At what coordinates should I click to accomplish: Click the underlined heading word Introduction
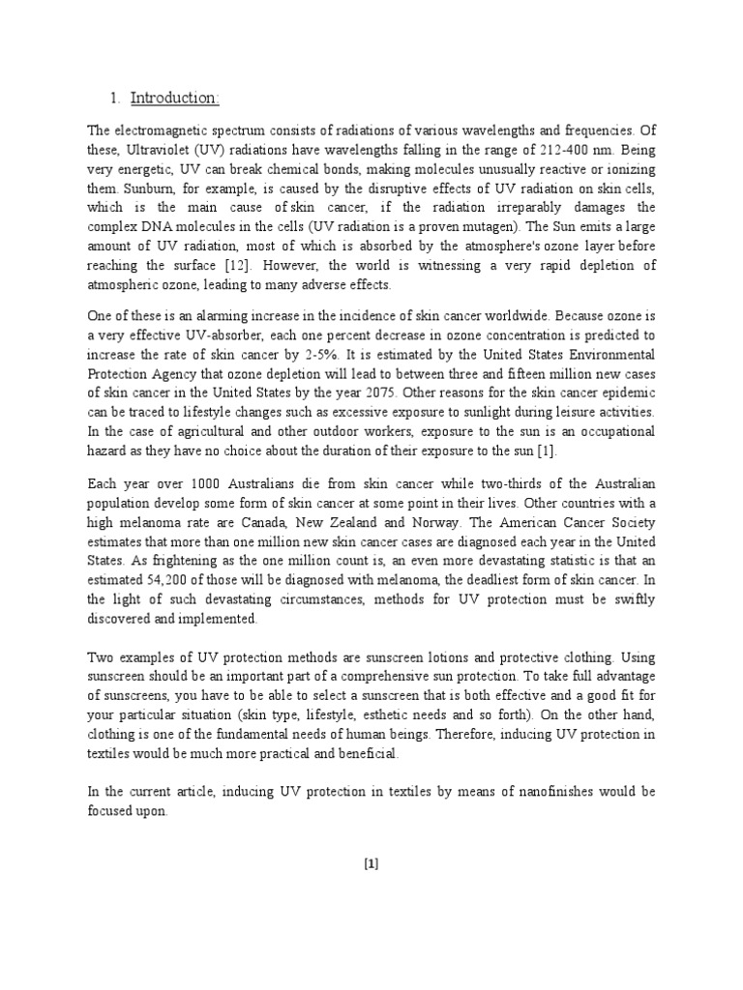point(175,98)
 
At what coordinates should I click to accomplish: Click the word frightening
point(179,562)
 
